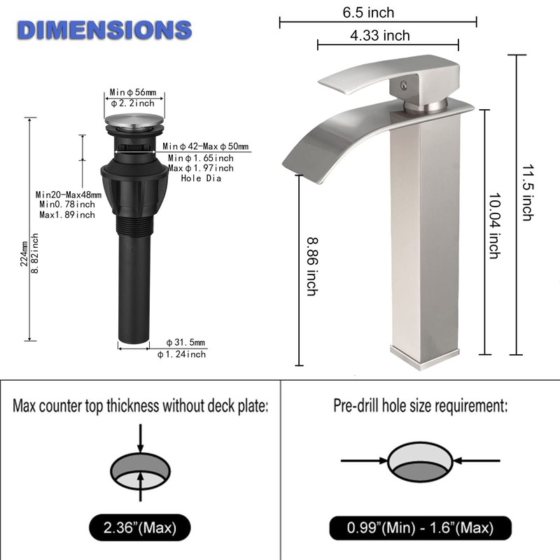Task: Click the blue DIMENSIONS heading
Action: click(104, 30)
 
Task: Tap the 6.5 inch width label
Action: click(368, 13)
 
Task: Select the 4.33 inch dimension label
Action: click(379, 36)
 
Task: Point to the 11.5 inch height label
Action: click(528, 192)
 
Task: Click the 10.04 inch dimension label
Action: click(494, 225)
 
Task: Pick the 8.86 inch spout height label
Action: click(312, 267)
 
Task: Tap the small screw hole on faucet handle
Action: click(404, 85)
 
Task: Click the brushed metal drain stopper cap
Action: click(134, 120)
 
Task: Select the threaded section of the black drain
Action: click(134, 225)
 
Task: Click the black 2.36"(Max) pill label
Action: click(139, 528)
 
